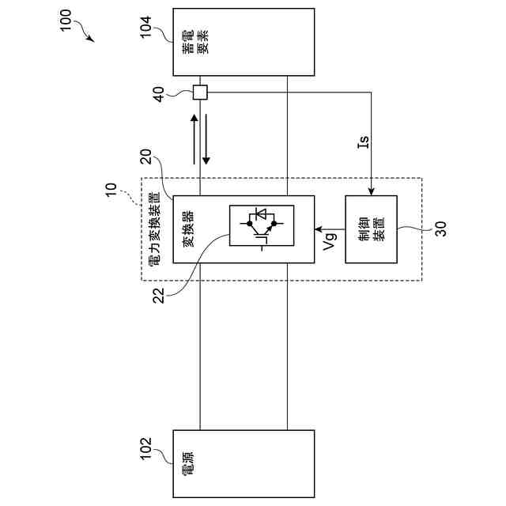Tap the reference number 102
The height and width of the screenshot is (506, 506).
150,454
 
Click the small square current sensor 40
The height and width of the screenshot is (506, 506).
200,93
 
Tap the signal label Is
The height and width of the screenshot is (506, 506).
363,142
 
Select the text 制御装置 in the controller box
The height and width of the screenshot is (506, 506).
371,229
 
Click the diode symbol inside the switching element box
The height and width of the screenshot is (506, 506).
261,215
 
